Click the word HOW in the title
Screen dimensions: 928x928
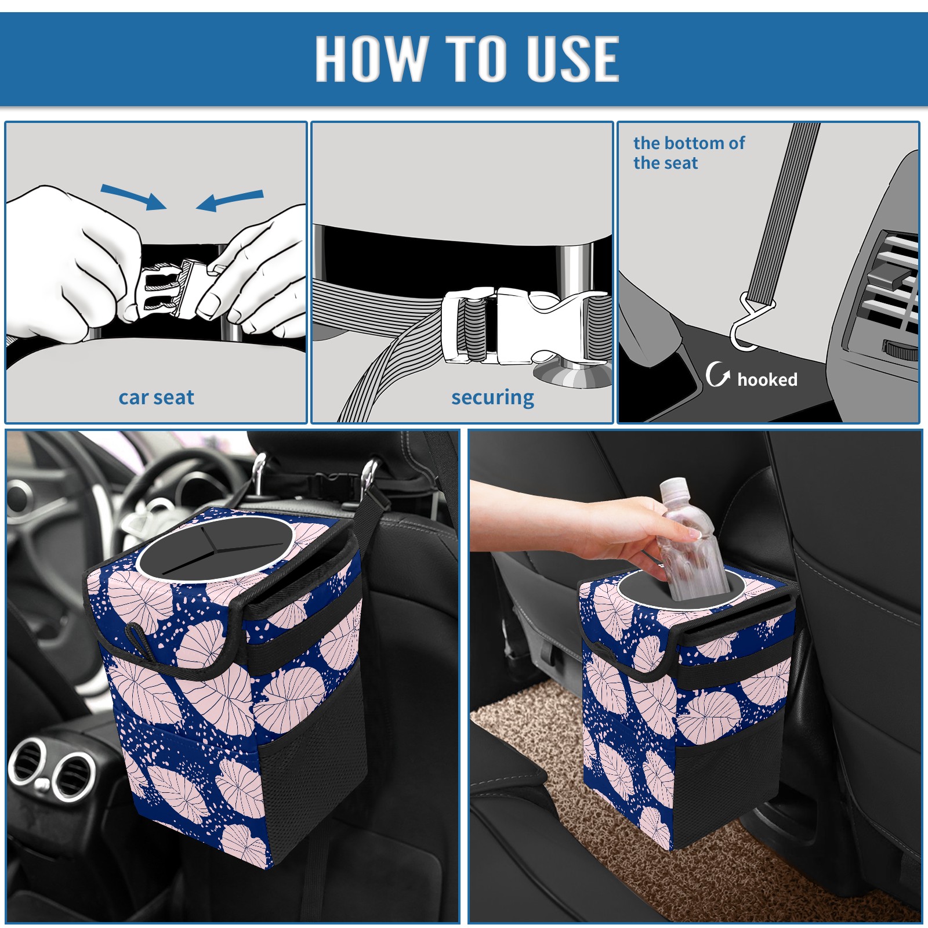370,58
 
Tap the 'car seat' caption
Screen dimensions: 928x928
156,397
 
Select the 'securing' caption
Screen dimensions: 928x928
492,398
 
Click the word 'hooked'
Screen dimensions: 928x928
767,379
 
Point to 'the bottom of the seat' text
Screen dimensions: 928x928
688,153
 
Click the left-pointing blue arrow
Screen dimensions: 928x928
230,200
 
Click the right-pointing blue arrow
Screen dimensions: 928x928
133,197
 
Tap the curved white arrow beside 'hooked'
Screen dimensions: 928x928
717,374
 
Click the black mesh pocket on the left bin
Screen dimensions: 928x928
313,771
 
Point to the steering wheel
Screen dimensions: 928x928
145,499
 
